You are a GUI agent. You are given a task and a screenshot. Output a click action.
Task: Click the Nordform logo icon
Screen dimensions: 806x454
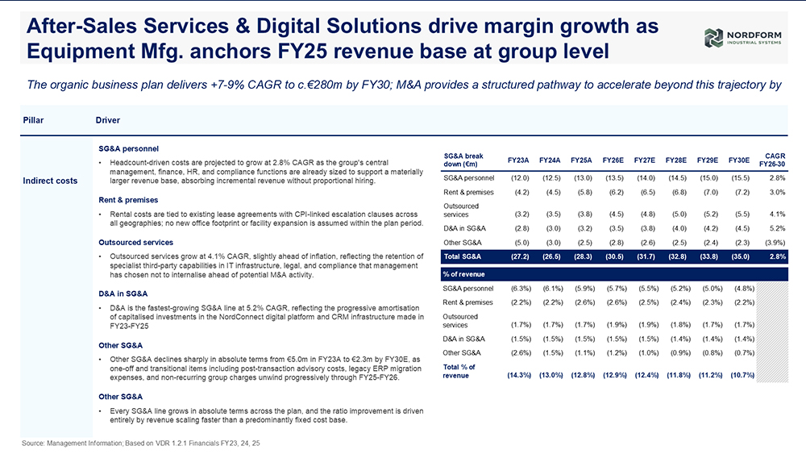[x=713, y=38]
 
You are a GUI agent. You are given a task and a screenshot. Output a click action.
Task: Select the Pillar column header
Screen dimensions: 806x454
[x=33, y=120]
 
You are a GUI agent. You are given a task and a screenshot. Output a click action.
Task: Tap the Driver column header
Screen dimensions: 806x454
[x=107, y=120]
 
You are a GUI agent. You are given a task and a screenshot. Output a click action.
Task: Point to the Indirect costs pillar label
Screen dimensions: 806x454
[x=50, y=181]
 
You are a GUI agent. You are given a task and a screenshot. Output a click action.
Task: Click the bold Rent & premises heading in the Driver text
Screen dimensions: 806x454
[x=128, y=200]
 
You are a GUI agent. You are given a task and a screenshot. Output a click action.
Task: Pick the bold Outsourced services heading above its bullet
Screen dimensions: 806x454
[x=135, y=242]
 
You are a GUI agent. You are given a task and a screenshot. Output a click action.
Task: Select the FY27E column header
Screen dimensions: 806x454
[x=645, y=160]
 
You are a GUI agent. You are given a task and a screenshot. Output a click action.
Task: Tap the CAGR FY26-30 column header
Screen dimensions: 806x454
[x=772, y=160]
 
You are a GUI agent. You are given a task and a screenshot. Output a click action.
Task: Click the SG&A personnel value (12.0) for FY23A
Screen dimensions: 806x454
[x=520, y=178]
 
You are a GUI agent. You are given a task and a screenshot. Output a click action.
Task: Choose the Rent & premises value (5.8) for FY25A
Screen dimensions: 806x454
[x=583, y=192]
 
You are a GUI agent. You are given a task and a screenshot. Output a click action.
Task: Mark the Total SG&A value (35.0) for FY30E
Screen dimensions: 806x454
[x=740, y=256]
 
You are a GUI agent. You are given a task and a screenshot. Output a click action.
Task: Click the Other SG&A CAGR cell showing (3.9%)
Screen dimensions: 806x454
[x=775, y=243]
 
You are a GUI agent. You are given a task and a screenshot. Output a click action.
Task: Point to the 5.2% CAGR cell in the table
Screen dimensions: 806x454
[x=777, y=228]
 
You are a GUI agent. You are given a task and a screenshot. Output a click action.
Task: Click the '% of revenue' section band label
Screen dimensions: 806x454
[x=463, y=274]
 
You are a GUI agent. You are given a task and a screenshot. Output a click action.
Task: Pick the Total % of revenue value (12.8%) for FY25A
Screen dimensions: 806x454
[x=583, y=375]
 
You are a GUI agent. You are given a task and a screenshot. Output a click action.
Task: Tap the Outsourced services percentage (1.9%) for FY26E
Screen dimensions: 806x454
[x=614, y=325]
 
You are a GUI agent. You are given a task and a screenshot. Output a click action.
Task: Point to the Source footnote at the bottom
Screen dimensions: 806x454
[x=141, y=444]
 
